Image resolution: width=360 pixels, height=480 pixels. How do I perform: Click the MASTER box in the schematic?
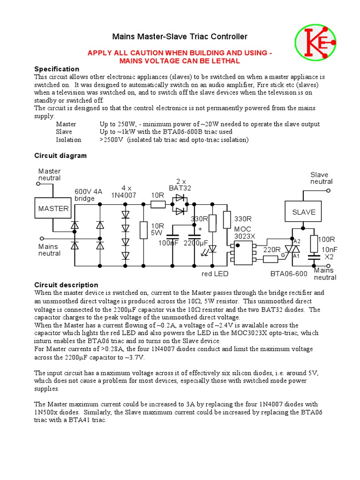pos(53,209)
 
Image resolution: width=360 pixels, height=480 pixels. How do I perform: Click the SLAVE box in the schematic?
pos(304,212)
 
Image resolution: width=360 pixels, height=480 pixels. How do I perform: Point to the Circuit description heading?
pos(67,285)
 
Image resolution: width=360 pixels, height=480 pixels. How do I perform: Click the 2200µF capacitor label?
pos(196,243)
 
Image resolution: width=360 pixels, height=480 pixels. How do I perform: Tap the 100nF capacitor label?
pos(169,243)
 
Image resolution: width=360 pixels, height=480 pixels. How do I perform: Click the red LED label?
pos(215,274)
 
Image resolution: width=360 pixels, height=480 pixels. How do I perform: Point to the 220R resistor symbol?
pos(271,259)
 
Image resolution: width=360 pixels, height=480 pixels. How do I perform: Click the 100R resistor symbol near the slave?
pos(314,243)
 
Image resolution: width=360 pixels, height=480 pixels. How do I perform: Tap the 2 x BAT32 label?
pos(180,185)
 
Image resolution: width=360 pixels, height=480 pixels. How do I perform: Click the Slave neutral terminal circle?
pos(328,191)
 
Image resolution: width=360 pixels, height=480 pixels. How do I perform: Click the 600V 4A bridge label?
pos(88,195)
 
